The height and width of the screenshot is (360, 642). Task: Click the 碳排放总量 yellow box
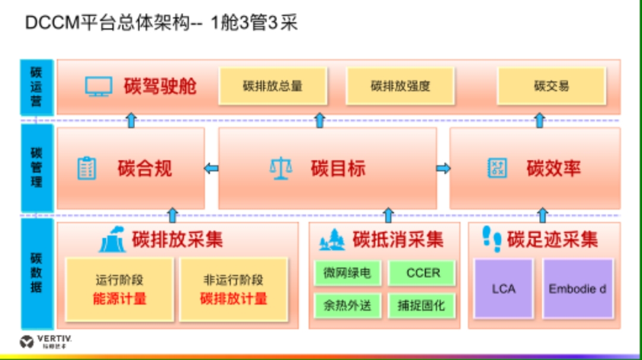(273, 86)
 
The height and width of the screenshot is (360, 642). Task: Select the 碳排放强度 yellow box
(400, 86)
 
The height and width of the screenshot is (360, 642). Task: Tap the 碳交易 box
(551, 86)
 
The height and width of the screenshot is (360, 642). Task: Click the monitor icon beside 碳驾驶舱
(98, 87)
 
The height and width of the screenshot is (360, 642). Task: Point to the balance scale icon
(281, 169)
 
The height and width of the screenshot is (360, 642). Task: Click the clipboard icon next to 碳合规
(87, 168)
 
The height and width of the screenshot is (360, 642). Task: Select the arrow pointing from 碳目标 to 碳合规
(211, 169)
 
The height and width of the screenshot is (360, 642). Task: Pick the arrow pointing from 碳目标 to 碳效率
(443, 169)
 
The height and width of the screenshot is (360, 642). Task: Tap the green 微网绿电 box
(347, 273)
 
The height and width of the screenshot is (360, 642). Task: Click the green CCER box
(423, 273)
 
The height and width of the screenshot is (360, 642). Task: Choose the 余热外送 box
(347, 306)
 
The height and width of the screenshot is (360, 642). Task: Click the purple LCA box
(503, 289)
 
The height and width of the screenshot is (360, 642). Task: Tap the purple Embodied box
(577, 289)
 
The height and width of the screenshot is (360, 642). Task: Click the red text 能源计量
(119, 298)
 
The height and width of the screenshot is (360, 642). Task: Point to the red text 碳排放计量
(234, 298)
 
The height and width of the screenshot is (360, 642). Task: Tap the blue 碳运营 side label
(36, 87)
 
